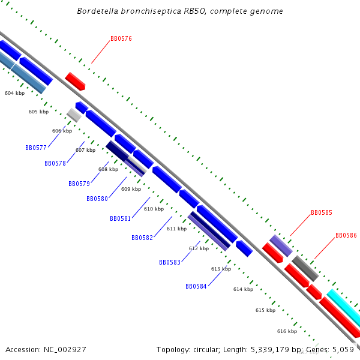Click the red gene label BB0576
pyautogui.click(x=121, y=38)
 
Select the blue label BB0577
pyautogui.click(x=36, y=148)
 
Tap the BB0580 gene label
pyautogui.click(x=97, y=199)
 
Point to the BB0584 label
pyautogui.click(x=196, y=286)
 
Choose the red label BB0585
pyautogui.click(x=322, y=212)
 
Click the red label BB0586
pyautogui.click(x=346, y=235)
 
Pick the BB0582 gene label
pyautogui.click(x=142, y=238)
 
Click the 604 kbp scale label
pyautogui.click(x=14, y=93)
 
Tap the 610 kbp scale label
pyautogui.click(x=154, y=209)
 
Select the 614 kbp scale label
pyautogui.click(x=244, y=289)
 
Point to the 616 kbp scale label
pyautogui.click(x=287, y=331)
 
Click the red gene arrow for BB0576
pyautogui.click(x=76, y=81)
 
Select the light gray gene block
pyautogui.click(x=74, y=115)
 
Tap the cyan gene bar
pyautogui.click(x=344, y=305)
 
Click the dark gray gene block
pyautogui.click(x=305, y=268)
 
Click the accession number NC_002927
pyautogui.click(x=65, y=350)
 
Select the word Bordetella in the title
pyautogui.click(x=98, y=11)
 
